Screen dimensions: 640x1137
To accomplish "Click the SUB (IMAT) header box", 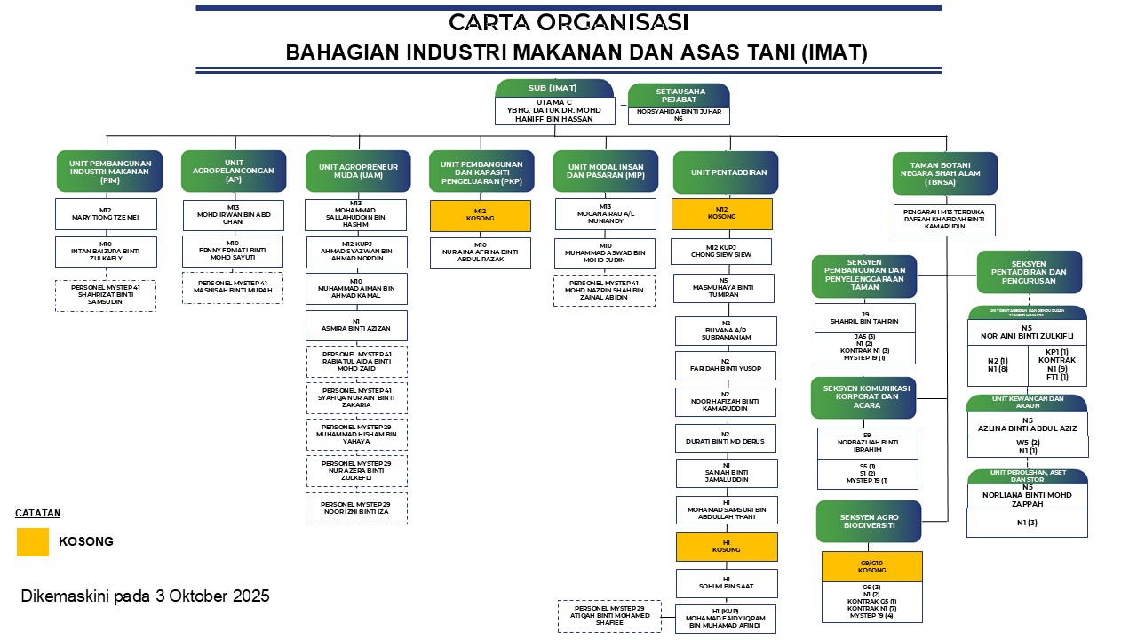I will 553,87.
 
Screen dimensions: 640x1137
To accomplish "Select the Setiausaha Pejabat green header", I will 679,95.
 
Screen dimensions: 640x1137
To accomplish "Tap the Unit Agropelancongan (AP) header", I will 234,171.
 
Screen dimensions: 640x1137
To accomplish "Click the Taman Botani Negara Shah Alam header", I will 944,172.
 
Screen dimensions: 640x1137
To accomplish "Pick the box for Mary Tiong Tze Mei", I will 106,215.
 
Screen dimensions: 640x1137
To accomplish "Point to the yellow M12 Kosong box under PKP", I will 481,216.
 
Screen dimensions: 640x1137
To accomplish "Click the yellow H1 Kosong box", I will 726,546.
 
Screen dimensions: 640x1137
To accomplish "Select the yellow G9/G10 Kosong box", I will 871,566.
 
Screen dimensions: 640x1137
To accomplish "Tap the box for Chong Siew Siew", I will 721,251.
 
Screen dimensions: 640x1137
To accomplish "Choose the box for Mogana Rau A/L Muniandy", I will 605,214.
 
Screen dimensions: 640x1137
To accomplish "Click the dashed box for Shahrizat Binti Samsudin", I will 106,296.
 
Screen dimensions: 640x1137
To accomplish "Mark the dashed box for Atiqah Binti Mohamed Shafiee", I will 609,616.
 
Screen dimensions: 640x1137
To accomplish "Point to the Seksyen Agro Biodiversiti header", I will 869,521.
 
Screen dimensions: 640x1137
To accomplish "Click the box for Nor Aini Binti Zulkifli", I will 1027,332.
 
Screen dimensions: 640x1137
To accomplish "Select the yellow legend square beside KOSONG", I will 33,541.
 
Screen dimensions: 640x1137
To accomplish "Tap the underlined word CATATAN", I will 37,513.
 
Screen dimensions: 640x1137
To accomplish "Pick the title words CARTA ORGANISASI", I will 568,22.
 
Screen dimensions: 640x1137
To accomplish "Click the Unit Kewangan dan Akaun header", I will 1027,403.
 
